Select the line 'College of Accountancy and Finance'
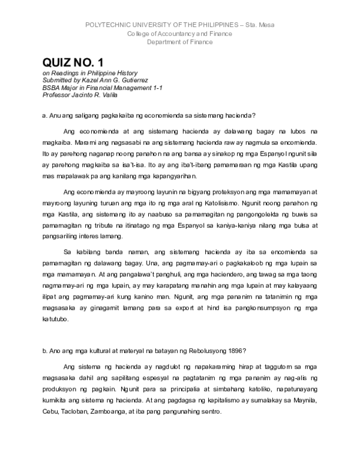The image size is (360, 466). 179,34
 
